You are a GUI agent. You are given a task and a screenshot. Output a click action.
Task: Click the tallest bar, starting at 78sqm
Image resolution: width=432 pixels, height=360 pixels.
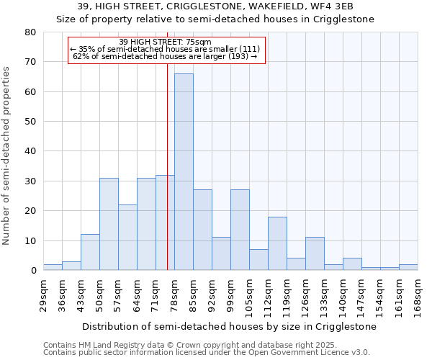184,172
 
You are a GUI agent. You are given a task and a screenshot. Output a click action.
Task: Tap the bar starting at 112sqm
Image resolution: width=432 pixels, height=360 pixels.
277,243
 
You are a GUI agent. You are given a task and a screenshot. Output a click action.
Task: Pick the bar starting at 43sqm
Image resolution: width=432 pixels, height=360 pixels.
90,252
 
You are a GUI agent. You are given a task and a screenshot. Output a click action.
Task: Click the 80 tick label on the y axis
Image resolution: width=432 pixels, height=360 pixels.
30,32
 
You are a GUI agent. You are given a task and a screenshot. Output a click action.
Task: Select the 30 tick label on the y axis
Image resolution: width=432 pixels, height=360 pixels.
30,181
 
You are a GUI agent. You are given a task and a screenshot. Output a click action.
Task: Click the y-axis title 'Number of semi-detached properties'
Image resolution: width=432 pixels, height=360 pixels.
7,156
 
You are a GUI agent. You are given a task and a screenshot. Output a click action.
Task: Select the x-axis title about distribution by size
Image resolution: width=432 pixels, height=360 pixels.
229,327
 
